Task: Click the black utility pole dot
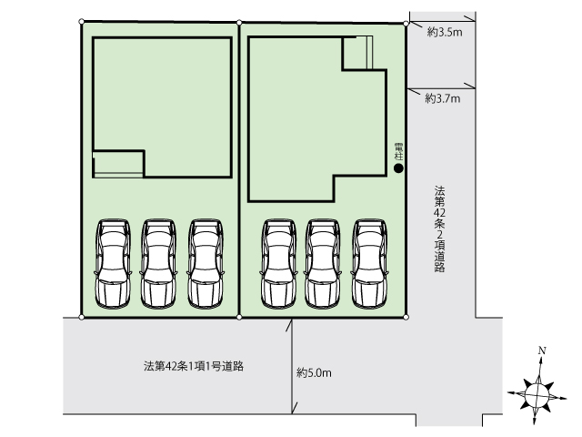[x=398, y=168]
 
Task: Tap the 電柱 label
[x=399, y=152]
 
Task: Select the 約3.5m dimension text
[x=445, y=33]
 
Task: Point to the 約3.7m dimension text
[x=443, y=98]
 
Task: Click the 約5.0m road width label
[x=314, y=372]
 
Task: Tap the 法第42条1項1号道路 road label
[x=194, y=366]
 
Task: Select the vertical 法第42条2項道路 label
[x=440, y=229]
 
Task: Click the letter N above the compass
[x=542, y=351]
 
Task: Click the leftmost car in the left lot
[x=113, y=264]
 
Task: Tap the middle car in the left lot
[x=158, y=264]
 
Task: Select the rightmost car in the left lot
[x=206, y=264]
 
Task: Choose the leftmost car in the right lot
[x=279, y=264]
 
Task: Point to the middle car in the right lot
[x=323, y=264]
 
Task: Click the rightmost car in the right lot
[x=370, y=264]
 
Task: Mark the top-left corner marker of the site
[x=82, y=22]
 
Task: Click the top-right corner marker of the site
[x=406, y=24]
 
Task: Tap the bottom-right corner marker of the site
[x=406, y=318]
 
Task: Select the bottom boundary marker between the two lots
[x=239, y=318]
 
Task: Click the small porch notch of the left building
[x=118, y=164]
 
